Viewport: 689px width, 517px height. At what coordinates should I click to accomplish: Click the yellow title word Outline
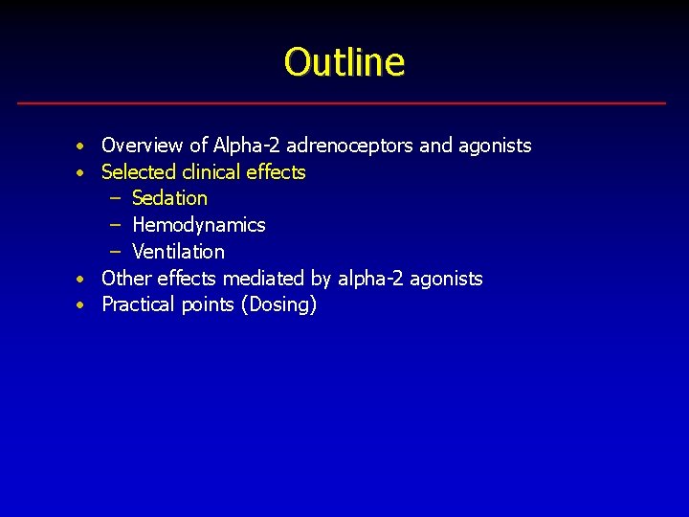click(344, 62)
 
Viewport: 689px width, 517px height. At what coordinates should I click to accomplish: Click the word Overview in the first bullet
click(142, 146)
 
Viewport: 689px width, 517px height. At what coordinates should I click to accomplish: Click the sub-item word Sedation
click(169, 198)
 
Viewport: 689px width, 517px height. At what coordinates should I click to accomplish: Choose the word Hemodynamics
click(199, 225)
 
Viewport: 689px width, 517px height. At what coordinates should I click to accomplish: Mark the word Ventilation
click(178, 252)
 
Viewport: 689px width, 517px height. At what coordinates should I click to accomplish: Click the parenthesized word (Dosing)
click(279, 305)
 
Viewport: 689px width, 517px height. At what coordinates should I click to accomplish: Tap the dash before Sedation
click(115, 199)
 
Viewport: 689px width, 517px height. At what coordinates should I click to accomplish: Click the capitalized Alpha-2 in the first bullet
click(244, 146)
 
